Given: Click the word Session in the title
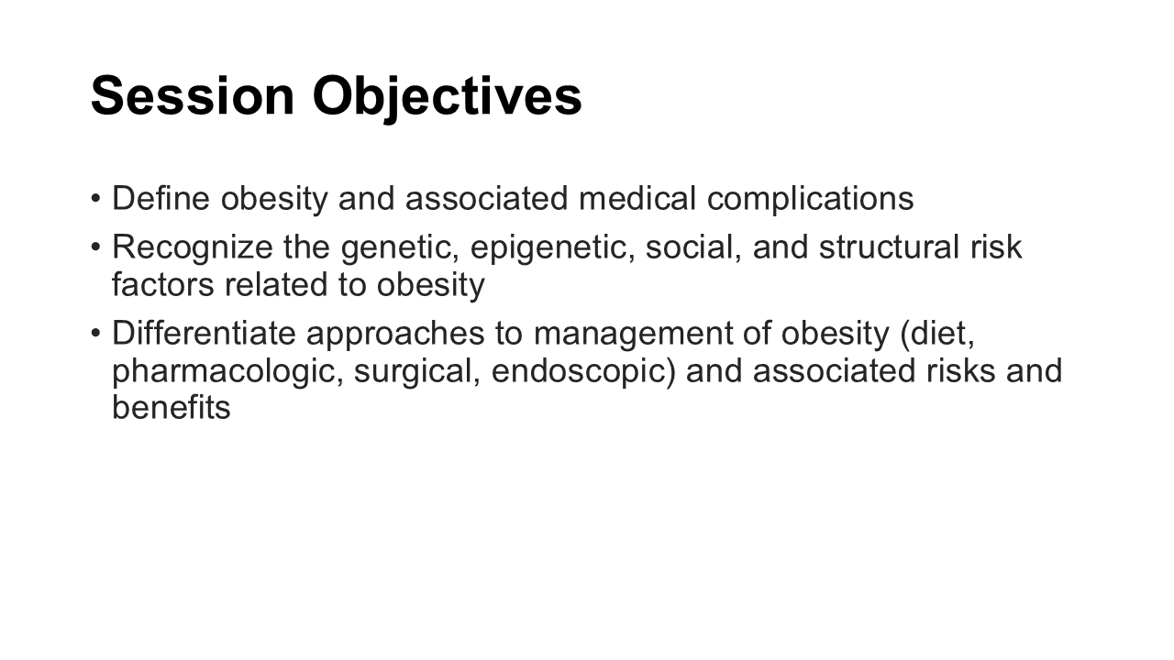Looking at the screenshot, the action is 193,96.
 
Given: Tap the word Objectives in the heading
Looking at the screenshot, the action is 447,99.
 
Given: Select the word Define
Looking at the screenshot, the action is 161,198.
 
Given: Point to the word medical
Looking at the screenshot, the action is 637,198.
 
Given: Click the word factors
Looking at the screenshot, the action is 163,284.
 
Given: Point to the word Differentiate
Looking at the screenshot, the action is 204,333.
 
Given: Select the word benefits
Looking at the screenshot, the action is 172,407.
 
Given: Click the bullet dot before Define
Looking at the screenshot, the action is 95,199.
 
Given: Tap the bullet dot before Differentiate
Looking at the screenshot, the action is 95,334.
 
